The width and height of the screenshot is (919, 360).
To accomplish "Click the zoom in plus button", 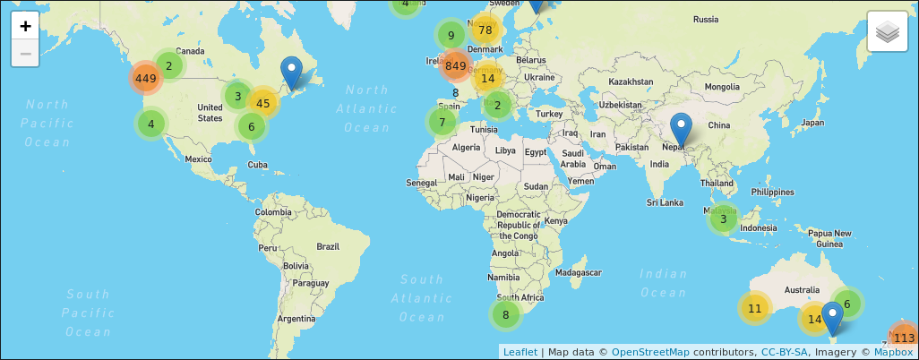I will click(25, 26).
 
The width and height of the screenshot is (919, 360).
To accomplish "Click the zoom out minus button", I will click(25, 54).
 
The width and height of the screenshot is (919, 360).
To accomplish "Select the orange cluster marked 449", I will click(146, 78).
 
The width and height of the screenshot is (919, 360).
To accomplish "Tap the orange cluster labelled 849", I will click(455, 65).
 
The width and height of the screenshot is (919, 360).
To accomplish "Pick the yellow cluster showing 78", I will click(485, 30).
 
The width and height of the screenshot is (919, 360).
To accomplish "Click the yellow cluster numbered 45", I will click(263, 103).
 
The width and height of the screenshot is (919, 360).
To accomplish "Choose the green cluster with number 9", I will click(451, 36).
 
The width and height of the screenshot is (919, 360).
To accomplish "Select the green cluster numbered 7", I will click(442, 122).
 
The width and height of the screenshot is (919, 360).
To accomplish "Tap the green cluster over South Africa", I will click(505, 314).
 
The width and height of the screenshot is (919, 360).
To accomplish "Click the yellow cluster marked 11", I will click(754, 308).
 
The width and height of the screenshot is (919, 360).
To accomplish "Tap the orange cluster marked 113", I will click(904, 338).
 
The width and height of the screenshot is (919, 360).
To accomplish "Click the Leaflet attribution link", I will click(520, 352).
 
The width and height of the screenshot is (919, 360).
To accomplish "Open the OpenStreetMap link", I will click(650, 352).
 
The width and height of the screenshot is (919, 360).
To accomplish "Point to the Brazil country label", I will click(328, 246).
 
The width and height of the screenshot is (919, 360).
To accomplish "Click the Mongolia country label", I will click(722, 87).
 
